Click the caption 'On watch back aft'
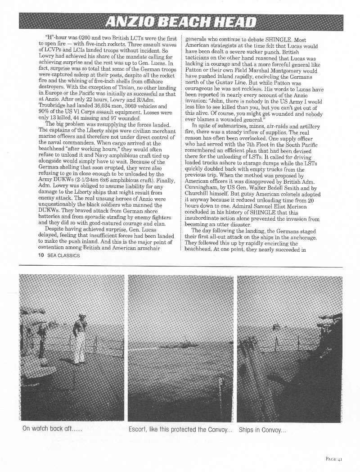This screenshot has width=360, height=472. coord(52,429)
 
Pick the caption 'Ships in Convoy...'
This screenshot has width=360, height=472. coord(262,429)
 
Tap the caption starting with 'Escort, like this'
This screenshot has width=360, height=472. coord(180,429)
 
